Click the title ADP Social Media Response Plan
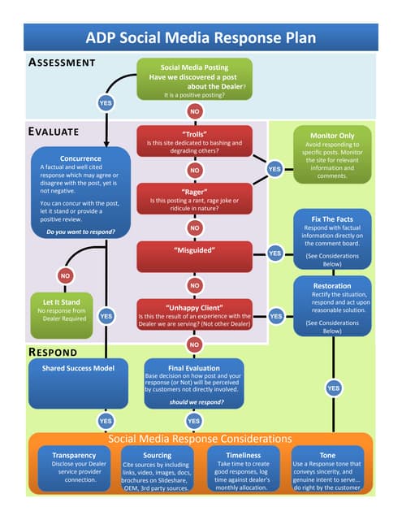click(x=201, y=37)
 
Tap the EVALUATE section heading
click(x=54, y=131)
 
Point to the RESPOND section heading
click(x=53, y=352)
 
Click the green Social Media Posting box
click(x=193, y=80)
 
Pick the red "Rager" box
click(x=194, y=197)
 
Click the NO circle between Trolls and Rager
click(x=194, y=171)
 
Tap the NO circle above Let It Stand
click(x=64, y=275)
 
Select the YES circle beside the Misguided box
click(x=275, y=253)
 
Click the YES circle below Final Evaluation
click(x=193, y=420)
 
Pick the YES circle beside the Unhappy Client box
click(x=275, y=315)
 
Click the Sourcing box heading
click(x=157, y=456)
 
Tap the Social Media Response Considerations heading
click(x=200, y=439)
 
